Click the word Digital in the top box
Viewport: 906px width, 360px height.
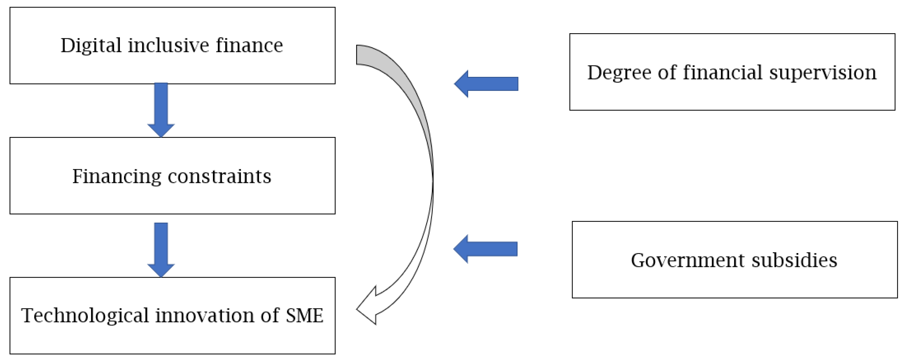91,46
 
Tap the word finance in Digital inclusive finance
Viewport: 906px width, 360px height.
249,46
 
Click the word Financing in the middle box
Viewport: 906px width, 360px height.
116,177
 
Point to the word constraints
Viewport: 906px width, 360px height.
220,177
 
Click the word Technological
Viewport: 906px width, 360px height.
85,315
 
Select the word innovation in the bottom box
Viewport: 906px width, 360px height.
205,315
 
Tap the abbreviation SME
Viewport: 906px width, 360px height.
304,315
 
